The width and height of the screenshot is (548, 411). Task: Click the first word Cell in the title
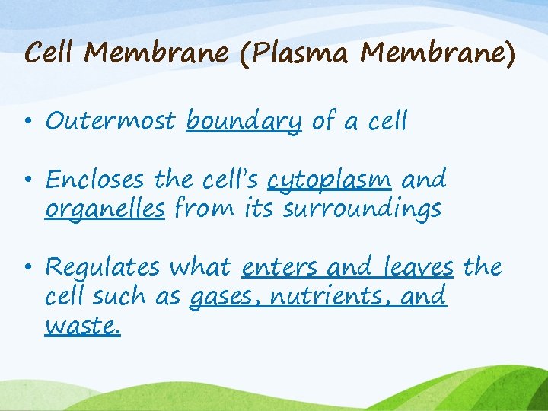point(49,53)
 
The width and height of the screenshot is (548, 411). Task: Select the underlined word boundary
point(244,121)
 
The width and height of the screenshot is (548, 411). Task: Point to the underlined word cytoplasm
point(330,181)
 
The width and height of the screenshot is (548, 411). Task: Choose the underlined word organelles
point(105,209)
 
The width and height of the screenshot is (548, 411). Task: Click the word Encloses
point(94,180)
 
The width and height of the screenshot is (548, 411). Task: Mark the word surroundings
point(362,209)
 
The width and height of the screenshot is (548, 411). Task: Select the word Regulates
point(102,268)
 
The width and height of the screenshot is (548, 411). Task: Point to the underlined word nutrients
point(319,296)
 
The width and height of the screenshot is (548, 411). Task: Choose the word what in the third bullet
point(202,268)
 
